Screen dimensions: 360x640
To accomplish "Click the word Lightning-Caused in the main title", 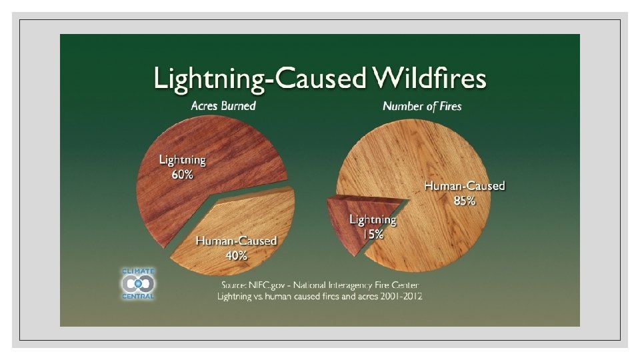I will click(x=260, y=79).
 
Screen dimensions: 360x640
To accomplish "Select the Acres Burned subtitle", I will click(x=223, y=105).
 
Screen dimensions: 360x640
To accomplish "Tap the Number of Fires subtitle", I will click(x=422, y=106).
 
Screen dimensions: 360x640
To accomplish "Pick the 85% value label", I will click(x=465, y=201).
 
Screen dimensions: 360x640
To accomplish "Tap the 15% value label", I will click(x=373, y=234).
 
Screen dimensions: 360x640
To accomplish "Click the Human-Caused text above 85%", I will click(x=465, y=186).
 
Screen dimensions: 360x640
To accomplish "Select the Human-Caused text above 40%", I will click(x=236, y=241).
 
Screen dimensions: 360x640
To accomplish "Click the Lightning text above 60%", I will click(x=182, y=160).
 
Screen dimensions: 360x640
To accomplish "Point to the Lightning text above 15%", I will click(x=373, y=219).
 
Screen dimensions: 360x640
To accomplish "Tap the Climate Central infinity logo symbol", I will click(x=138, y=283).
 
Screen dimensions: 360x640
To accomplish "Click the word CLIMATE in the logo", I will click(x=138, y=271).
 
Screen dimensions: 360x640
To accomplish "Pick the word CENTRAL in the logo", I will click(x=138, y=296).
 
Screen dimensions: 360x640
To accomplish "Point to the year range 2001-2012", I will click(x=397, y=296).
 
